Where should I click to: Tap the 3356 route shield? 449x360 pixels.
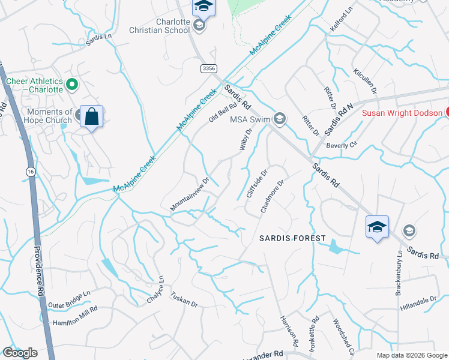click(209, 69)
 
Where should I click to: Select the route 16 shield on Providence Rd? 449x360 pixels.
click(29, 171)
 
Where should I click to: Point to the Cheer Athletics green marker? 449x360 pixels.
click(73, 85)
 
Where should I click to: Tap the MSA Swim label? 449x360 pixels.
click(252, 119)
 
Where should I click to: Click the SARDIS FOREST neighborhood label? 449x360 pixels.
click(292, 238)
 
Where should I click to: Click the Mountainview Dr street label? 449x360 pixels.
click(189, 194)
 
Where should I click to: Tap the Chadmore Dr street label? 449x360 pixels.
click(271, 193)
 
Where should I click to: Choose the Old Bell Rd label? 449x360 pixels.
click(223, 112)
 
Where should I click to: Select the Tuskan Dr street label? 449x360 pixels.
click(184, 299)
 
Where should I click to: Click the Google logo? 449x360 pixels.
click(20, 353)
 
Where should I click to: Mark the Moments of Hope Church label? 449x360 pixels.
click(49, 116)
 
